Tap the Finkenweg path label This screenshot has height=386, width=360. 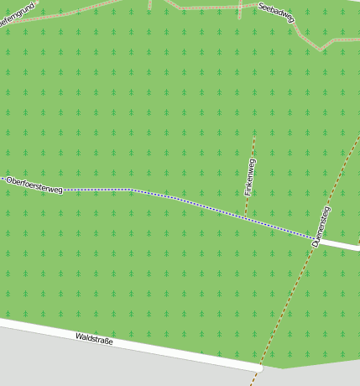click(x=250, y=177)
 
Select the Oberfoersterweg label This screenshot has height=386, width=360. click(x=34, y=185)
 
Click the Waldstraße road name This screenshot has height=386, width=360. click(x=94, y=339)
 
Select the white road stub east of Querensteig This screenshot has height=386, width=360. click(x=340, y=244)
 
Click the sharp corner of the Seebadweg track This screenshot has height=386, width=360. click(x=320, y=48)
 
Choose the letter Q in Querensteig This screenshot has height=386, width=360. click(x=316, y=243)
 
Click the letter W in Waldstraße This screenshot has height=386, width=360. click(x=78, y=336)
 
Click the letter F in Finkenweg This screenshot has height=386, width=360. click(x=248, y=194)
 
